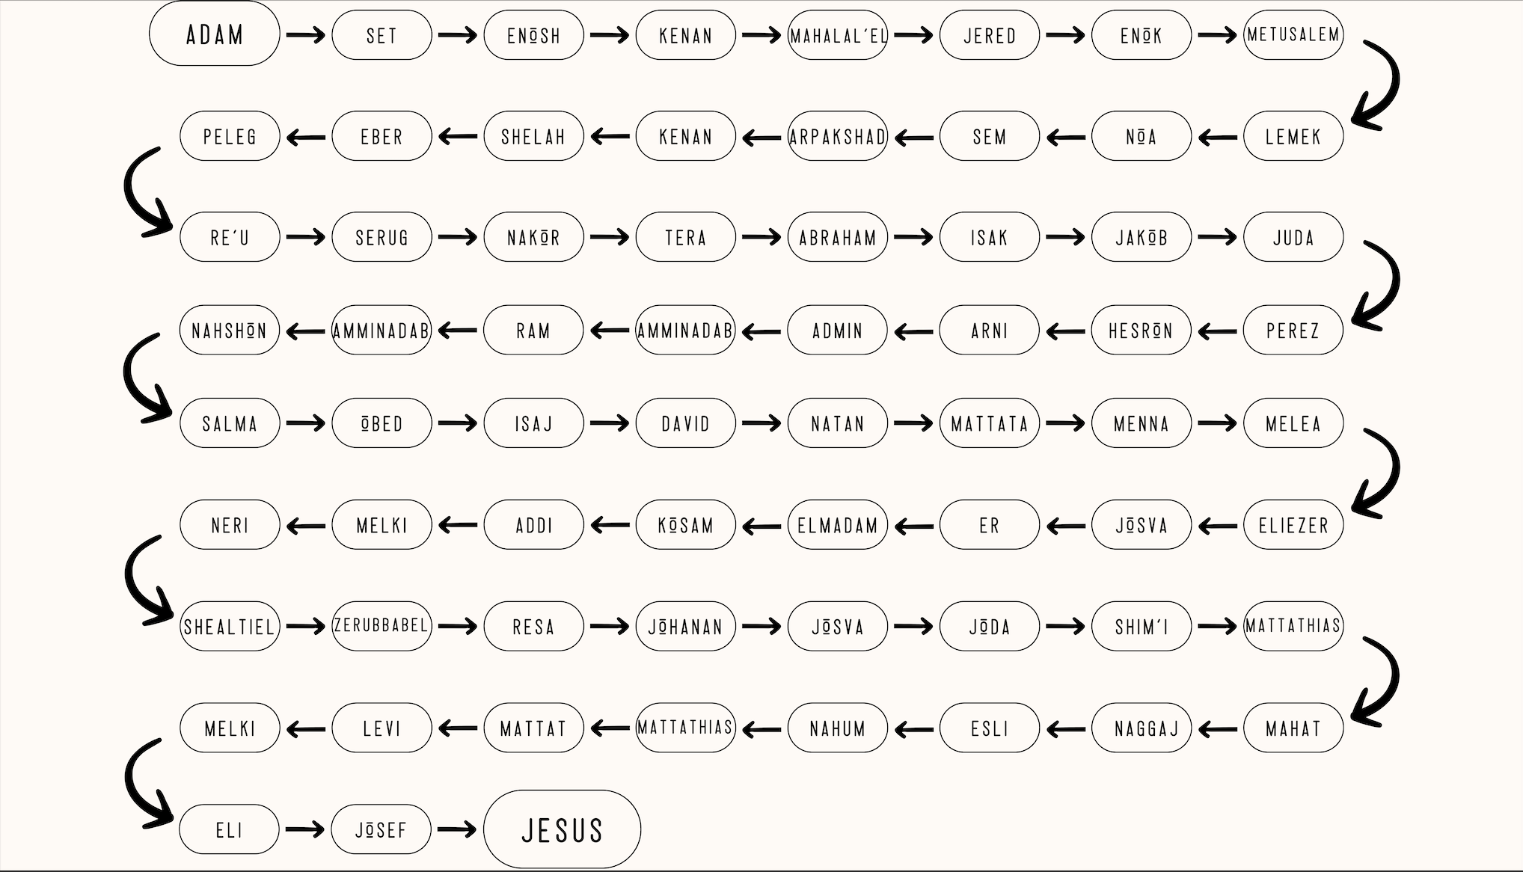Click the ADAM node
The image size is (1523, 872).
215,34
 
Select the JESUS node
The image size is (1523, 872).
562,829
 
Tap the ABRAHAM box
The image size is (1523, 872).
837,237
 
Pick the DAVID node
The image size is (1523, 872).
685,423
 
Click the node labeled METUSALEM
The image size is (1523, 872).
1293,34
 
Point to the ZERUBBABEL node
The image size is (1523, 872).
381,626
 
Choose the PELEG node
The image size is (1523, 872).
230,136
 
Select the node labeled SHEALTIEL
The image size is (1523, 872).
230,626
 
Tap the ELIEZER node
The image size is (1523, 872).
1293,525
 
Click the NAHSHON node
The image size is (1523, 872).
230,330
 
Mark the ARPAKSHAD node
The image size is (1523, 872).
837,136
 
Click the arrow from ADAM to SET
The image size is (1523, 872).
306,35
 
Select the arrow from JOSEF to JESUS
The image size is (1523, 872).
457,829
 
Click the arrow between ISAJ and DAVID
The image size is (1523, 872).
609,423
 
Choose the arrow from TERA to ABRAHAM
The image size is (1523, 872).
761,237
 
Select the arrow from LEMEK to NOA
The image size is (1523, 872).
1217,137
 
